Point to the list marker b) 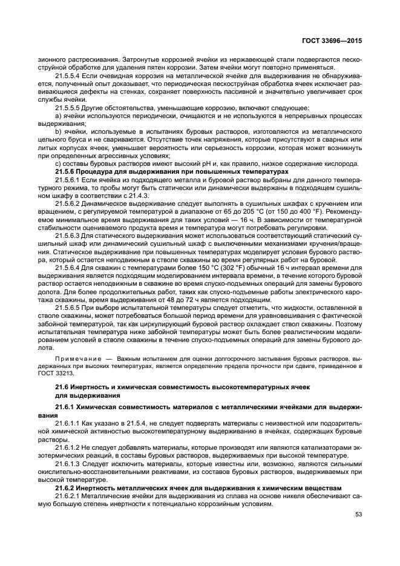point(59,130)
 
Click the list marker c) point(58,164)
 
